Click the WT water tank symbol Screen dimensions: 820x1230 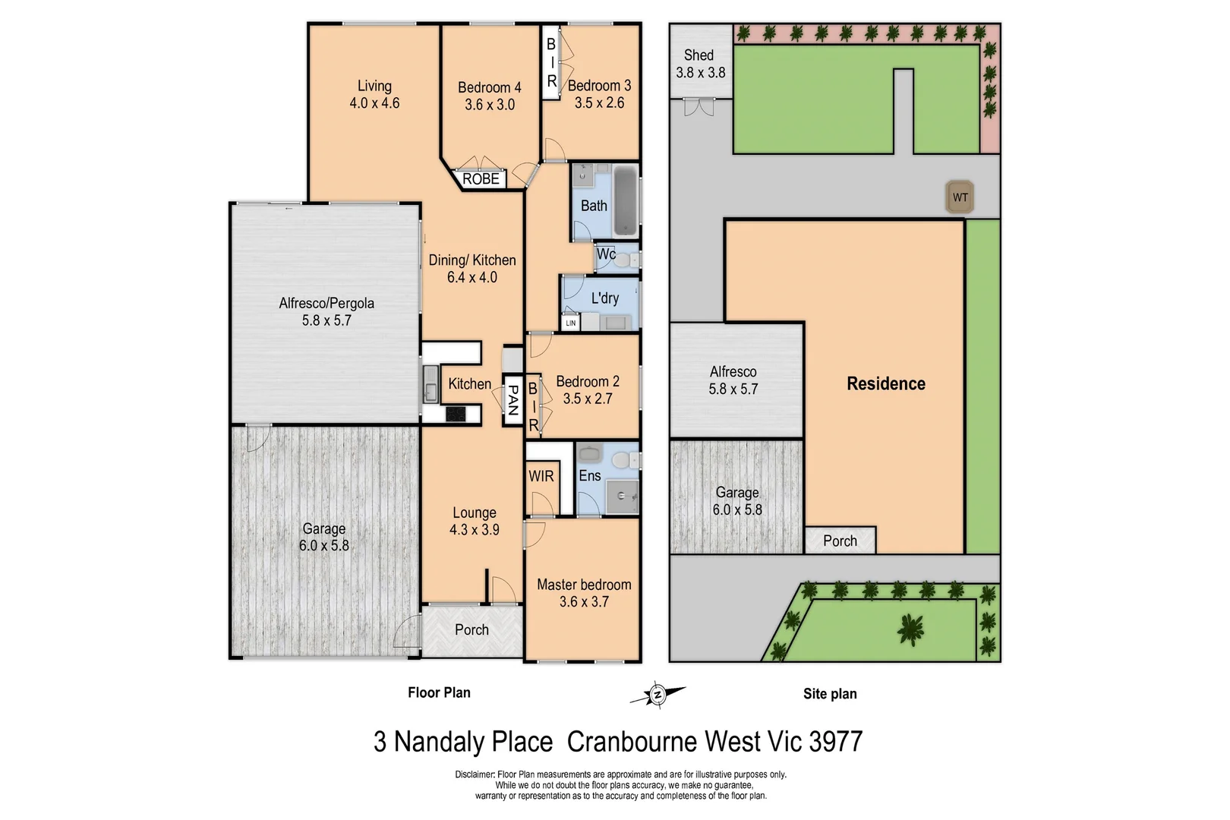coord(960,197)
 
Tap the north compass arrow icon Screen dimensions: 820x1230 coord(658,694)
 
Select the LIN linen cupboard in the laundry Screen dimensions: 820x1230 coord(570,323)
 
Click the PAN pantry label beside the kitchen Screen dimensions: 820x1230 coord(512,400)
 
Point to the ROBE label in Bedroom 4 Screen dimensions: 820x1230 coord(481,179)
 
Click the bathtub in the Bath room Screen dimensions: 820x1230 coord(626,200)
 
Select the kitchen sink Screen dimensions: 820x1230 coord(430,383)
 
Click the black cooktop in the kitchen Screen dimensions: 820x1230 coord(456,414)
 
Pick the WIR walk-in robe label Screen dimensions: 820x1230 coord(541,477)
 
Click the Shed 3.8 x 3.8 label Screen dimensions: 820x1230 coord(700,64)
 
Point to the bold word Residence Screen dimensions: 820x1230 coord(886,383)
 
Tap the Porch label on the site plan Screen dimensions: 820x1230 coord(840,541)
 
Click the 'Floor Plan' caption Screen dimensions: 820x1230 coord(439,692)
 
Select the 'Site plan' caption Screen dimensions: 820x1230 coord(830,693)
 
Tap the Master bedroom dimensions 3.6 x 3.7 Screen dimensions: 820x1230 coord(584,602)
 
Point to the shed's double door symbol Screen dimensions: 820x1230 coord(699,107)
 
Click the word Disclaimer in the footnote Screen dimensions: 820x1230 coord(475,774)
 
